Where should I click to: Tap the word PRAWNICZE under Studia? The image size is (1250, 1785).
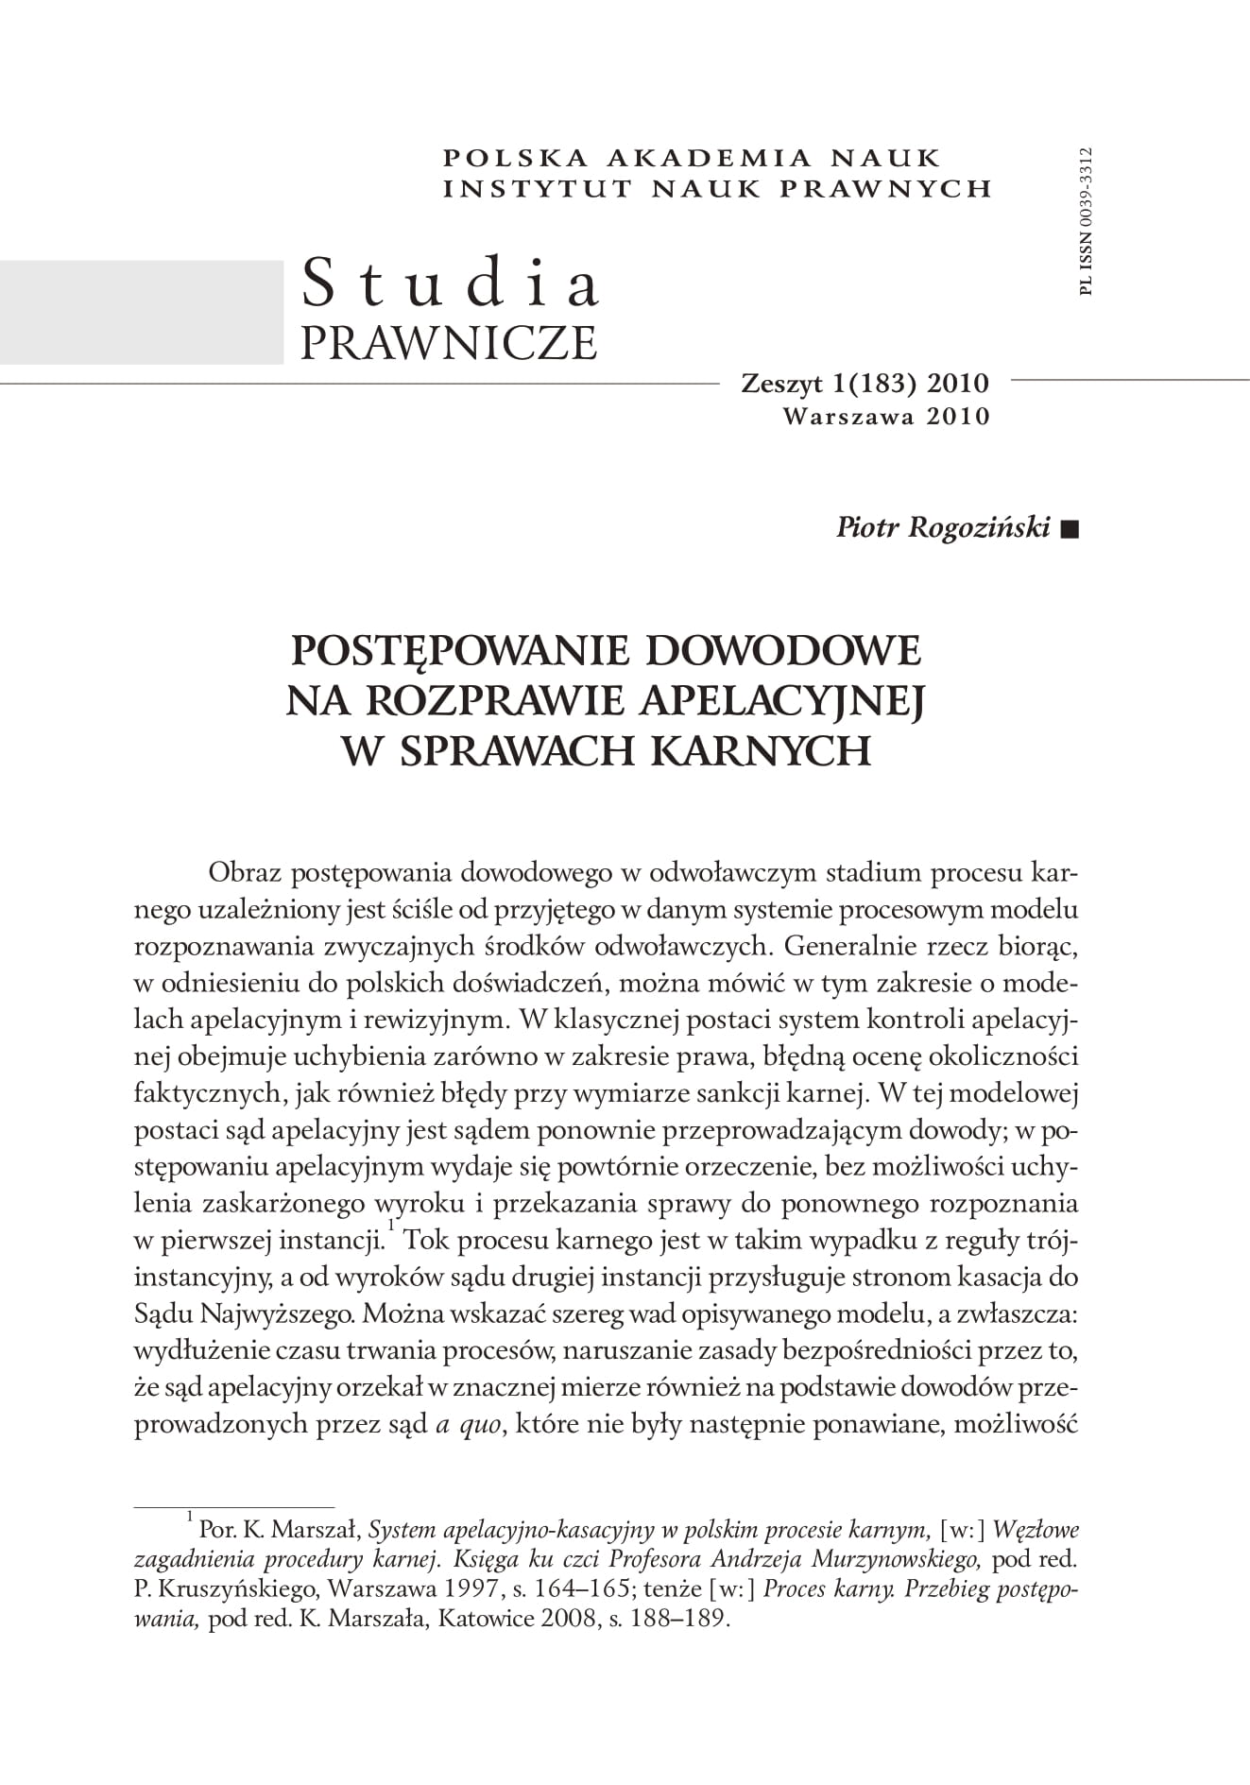tap(449, 341)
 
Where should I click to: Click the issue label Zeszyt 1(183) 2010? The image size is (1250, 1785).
tap(865, 384)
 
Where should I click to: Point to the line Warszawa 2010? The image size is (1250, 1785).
tap(886, 416)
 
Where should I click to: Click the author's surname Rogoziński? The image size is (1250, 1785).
tap(978, 527)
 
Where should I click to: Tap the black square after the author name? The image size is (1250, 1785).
tap(1069, 529)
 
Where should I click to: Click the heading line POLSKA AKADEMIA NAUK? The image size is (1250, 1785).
tap(692, 158)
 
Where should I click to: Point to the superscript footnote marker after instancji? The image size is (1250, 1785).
tap(389, 1226)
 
